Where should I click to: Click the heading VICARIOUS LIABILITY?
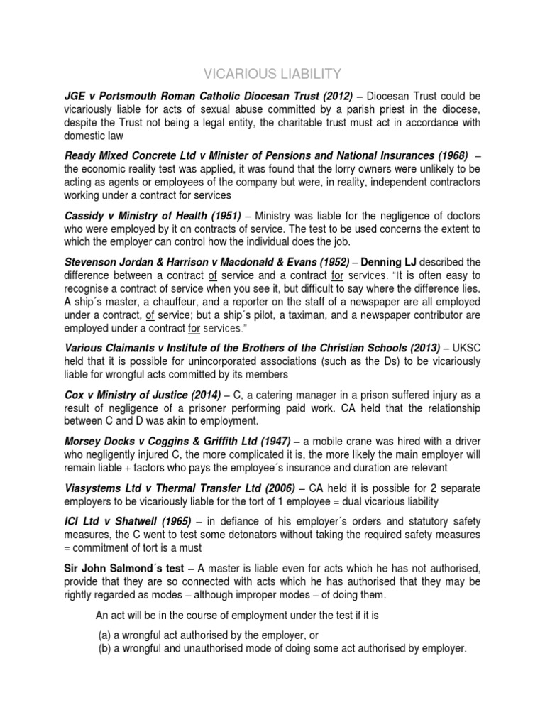[x=272, y=73]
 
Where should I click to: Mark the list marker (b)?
[x=104, y=648]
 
